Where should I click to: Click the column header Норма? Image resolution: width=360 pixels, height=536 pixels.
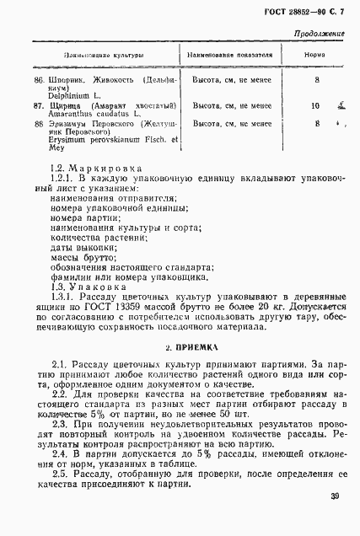tap(315, 56)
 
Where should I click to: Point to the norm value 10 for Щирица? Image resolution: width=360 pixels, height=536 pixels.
tap(315, 106)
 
